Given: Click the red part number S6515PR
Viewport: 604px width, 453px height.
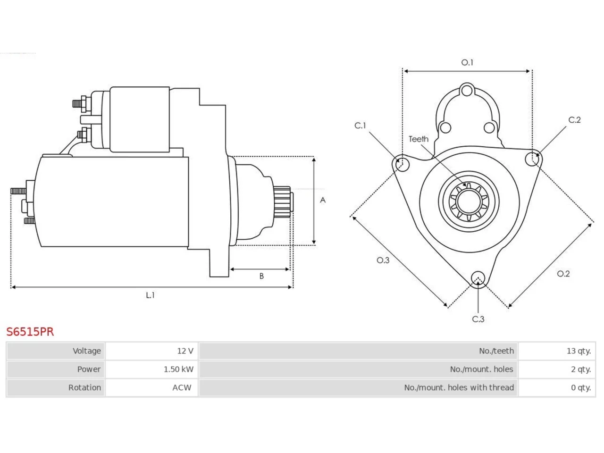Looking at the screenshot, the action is (x=30, y=332).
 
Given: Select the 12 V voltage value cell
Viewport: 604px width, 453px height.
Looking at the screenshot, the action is (x=151, y=351).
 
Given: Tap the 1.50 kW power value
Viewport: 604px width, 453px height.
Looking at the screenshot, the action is (x=178, y=369).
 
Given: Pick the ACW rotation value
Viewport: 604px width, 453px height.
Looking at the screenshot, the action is (x=182, y=387).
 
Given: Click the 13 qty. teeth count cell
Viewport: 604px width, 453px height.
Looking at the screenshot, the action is (x=557, y=351).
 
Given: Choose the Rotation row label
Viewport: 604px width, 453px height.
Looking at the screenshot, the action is (x=84, y=387).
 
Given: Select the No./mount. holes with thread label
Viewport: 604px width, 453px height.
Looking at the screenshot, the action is (x=459, y=387).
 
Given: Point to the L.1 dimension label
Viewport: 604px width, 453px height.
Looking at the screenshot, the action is (x=150, y=295).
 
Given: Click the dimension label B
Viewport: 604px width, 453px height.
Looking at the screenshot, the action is (x=261, y=276).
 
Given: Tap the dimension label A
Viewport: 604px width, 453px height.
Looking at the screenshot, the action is (x=323, y=200).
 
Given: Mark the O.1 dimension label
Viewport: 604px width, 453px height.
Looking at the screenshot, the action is (x=467, y=62).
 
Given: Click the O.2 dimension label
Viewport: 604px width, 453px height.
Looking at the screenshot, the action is (x=563, y=274).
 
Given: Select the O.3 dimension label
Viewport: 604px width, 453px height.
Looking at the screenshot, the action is (x=383, y=260).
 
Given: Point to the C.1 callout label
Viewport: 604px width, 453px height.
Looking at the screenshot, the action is (x=360, y=126).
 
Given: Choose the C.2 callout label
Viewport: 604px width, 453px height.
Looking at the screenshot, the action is (x=575, y=120).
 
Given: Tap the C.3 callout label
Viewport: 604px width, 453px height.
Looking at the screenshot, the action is (x=478, y=319).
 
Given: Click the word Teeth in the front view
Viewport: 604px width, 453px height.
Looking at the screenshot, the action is (x=419, y=139).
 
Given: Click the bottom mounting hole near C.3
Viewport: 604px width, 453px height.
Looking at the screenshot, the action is (x=478, y=278).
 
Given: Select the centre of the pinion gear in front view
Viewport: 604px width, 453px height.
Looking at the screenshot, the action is (x=469, y=201).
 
